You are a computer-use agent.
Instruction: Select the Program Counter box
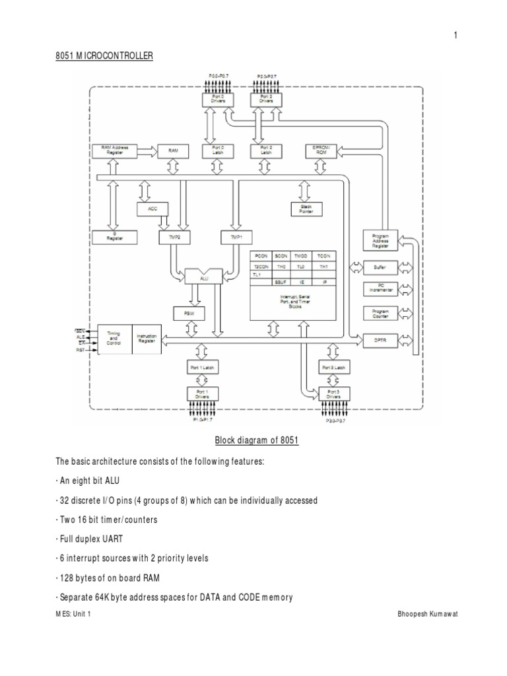tap(380, 313)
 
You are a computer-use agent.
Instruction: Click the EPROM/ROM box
tap(320, 151)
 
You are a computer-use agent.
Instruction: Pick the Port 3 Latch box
tap(333, 367)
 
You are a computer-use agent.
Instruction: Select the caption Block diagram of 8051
tap(257, 440)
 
